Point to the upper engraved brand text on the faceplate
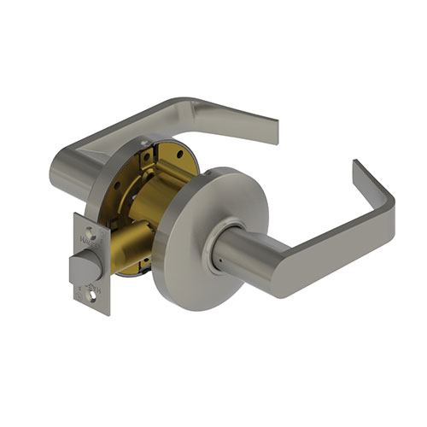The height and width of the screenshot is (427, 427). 85,243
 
